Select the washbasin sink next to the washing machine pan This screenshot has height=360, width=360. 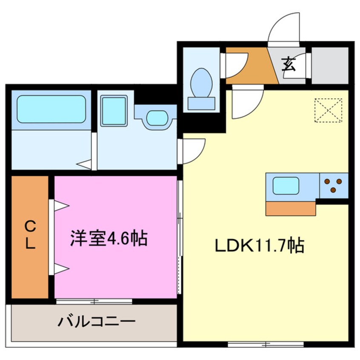click(x=157, y=117)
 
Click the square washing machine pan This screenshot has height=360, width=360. click(x=114, y=111)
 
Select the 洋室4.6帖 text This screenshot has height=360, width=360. click(x=109, y=238)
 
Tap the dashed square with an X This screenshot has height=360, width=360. click(x=328, y=110)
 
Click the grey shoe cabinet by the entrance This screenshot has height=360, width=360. click(x=330, y=66)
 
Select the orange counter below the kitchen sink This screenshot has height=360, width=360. click(x=291, y=208)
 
